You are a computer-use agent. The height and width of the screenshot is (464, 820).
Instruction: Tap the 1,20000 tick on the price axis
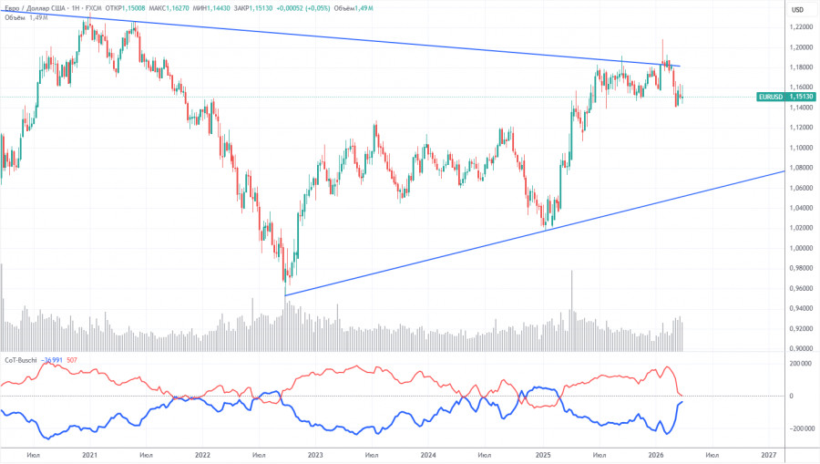[802, 47]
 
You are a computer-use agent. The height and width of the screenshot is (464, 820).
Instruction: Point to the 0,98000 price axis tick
[802, 268]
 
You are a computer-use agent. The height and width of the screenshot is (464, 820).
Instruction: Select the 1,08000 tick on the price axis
[802, 168]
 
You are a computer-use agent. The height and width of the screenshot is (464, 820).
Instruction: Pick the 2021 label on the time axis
[89, 454]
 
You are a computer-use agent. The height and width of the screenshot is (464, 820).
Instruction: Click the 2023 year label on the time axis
[315, 454]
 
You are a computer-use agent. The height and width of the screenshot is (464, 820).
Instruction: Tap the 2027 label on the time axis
[768, 454]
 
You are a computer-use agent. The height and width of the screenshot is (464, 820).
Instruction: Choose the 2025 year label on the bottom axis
[542, 454]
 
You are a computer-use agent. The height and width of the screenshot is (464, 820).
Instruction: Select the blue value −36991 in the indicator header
[54, 360]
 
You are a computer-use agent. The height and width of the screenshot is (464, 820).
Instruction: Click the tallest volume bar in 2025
[572, 310]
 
